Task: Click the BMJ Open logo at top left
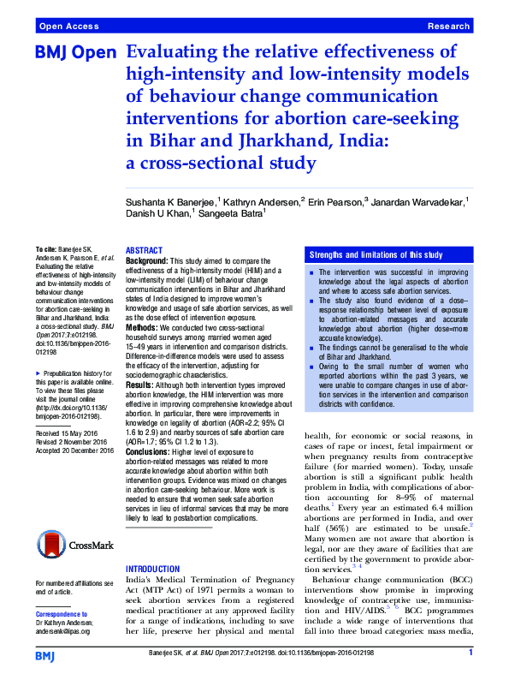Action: pyautogui.click(x=75, y=52)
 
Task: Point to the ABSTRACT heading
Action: pyautogui.click(x=144, y=250)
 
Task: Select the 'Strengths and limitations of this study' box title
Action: pyautogui.click(x=376, y=255)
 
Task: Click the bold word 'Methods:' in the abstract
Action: pyautogui.click(x=144, y=328)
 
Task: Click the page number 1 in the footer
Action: pyautogui.click(x=471, y=653)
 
